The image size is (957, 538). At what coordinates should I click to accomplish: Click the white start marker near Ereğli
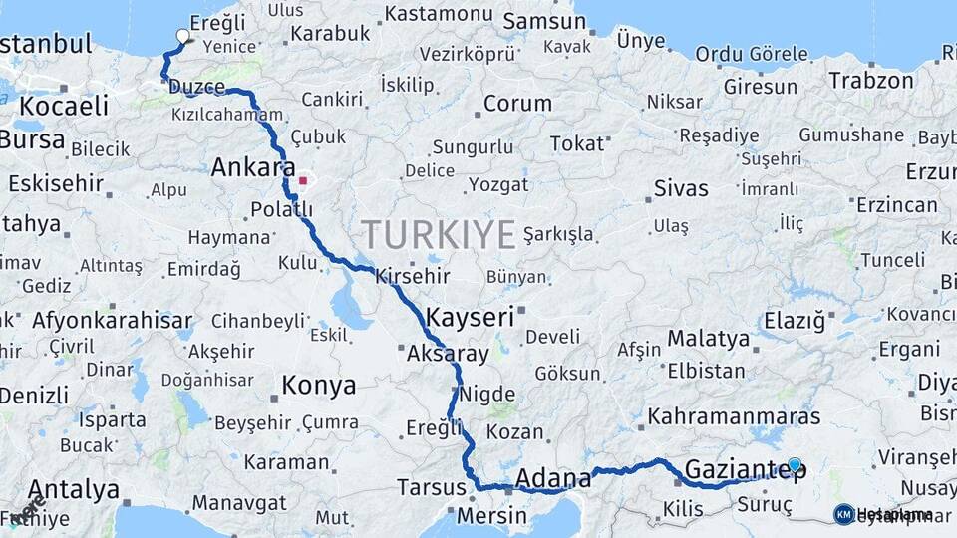click(x=182, y=37)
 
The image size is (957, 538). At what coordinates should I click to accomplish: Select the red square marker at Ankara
click(x=302, y=181)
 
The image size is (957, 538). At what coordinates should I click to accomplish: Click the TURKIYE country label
click(x=439, y=234)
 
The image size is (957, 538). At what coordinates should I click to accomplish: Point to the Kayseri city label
click(x=470, y=318)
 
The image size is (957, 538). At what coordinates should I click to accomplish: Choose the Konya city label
click(x=318, y=386)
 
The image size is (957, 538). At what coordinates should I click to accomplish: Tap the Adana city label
click(x=553, y=480)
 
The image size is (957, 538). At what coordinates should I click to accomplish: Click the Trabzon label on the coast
click(x=871, y=81)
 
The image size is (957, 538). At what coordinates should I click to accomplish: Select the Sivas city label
click(x=681, y=188)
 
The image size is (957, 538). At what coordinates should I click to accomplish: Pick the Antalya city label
click(x=74, y=490)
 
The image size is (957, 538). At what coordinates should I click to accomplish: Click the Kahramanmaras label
click(x=734, y=416)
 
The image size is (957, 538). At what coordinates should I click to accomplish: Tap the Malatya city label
click(x=708, y=339)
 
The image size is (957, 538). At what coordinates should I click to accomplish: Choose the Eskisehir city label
click(x=56, y=183)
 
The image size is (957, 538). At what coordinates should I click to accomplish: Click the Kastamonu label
click(x=439, y=14)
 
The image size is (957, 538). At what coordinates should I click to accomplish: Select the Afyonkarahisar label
click(x=112, y=321)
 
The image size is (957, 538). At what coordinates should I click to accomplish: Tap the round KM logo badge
click(x=844, y=514)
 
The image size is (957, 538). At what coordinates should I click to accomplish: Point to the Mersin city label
click(x=491, y=516)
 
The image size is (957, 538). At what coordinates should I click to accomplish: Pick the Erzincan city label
click(x=896, y=205)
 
